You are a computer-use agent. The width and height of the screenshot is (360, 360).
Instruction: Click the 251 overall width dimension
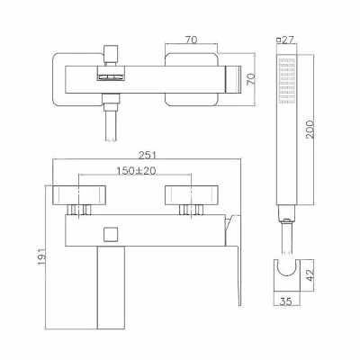coord(148,156)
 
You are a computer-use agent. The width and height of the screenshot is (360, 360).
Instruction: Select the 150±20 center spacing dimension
coord(136,171)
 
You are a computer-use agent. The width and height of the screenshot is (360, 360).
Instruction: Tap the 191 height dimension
coord(41,256)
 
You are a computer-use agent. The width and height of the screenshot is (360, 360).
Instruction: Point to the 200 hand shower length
coord(310,130)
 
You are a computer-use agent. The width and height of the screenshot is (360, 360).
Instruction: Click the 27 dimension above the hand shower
coord(288,40)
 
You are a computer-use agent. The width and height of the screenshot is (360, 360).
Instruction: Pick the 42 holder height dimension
coord(310,275)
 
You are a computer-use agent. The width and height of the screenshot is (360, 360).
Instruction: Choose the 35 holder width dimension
coord(285,301)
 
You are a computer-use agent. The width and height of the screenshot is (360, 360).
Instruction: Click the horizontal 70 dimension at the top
coord(191,40)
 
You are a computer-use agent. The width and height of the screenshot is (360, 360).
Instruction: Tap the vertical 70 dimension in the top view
coord(251,79)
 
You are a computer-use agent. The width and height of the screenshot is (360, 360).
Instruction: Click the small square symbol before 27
coord(279,40)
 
